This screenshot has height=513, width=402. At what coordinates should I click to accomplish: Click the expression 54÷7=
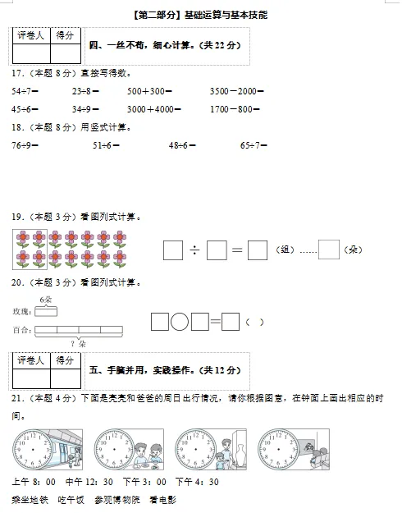(x=27, y=91)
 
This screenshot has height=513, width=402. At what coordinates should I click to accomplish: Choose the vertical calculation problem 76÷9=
(x=26, y=145)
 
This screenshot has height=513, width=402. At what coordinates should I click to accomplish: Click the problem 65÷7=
(x=254, y=145)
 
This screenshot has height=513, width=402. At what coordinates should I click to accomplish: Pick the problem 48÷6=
(x=182, y=145)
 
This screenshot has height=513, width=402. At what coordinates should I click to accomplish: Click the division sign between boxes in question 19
(x=194, y=250)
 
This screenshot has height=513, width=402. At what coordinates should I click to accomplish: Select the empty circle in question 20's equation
(x=180, y=322)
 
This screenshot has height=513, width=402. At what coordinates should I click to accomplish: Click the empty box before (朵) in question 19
(x=328, y=250)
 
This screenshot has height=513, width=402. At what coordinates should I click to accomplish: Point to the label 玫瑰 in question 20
(x=21, y=312)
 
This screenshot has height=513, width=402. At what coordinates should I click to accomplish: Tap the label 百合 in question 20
(x=21, y=330)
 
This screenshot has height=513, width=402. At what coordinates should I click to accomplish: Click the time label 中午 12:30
(x=89, y=482)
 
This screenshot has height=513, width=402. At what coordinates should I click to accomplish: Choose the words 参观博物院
(x=116, y=499)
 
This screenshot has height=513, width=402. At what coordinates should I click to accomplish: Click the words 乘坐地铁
(x=30, y=499)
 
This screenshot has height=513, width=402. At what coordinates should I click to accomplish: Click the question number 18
(x=16, y=127)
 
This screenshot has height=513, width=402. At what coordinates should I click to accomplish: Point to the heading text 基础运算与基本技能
(x=226, y=15)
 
